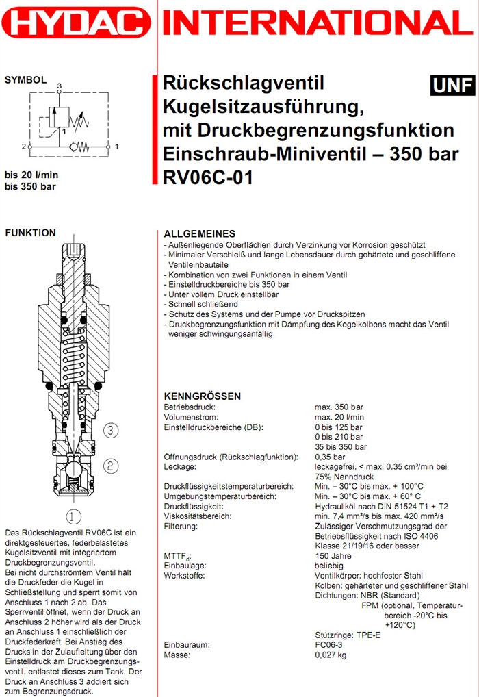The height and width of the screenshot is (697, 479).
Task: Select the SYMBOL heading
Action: point(26,80)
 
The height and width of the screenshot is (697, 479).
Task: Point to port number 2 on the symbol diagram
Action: point(23,146)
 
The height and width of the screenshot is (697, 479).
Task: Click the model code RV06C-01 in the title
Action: point(208,178)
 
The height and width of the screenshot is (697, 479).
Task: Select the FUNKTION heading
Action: point(30,233)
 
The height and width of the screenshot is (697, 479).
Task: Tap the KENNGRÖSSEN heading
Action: point(203,396)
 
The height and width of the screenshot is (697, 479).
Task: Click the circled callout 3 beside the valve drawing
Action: point(112,430)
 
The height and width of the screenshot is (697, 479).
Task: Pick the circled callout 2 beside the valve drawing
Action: point(112,466)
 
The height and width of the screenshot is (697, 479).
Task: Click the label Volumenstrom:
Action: point(191,417)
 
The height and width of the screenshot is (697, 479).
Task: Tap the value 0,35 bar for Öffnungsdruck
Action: point(331,457)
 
